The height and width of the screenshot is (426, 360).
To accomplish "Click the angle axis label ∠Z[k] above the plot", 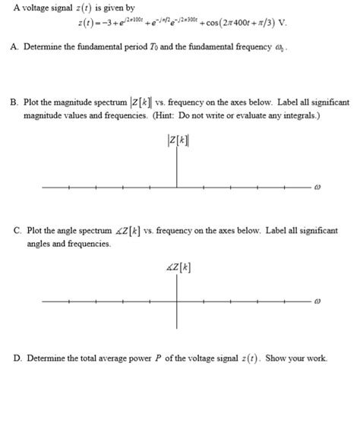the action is [x=178, y=267].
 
